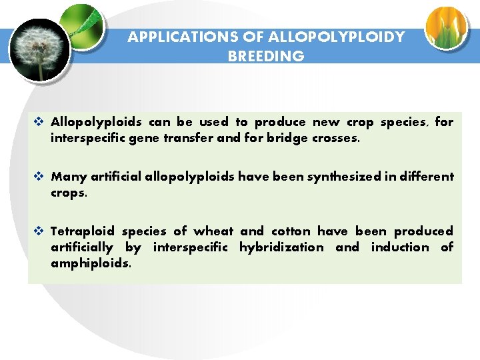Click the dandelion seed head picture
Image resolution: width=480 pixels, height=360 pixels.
pos(39,47)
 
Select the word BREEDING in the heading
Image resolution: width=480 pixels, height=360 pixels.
pos(266,56)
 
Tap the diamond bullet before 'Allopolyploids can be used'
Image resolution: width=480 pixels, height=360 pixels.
pos(39,122)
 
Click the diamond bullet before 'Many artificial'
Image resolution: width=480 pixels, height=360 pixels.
pos(39,177)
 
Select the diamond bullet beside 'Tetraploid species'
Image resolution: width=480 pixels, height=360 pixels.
pos(39,231)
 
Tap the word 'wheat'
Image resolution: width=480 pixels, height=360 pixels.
pos(213,231)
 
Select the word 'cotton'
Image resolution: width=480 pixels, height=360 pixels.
pos(291,231)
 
